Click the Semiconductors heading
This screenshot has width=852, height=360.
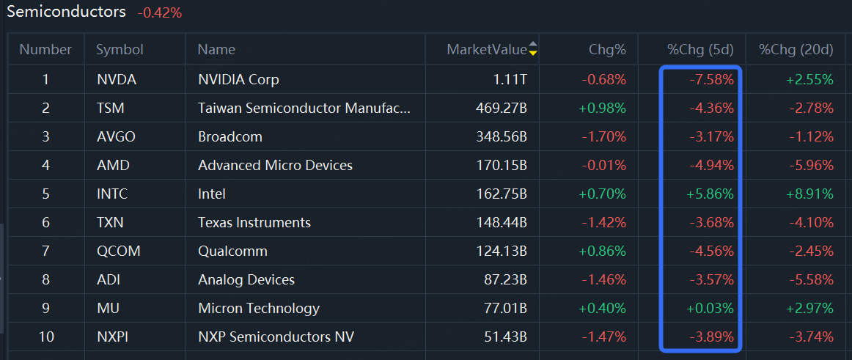[x=66, y=12]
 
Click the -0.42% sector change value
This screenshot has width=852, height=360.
[x=159, y=12]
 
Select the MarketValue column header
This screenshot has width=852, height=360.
[x=486, y=50]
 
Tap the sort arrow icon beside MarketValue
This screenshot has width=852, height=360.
[x=533, y=49]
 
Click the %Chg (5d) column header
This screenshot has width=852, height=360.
[x=699, y=50]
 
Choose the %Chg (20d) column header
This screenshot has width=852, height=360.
[x=796, y=50]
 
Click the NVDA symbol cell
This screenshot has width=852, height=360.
[x=117, y=79]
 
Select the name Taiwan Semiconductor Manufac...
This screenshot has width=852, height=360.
[x=304, y=108]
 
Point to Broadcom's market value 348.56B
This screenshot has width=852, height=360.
[x=501, y=136]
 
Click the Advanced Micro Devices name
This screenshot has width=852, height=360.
[x=275, y=165]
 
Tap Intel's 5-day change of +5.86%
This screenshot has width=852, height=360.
[x=710, y=194]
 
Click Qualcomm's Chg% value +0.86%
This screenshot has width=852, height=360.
[x=602, y=251]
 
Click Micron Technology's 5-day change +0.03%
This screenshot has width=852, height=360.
[x=710, y=308]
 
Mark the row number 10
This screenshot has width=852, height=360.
[x=45, y=337]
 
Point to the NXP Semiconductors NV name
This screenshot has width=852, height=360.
[x=276, y=337]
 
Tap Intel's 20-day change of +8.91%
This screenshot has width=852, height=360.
[x=809, y=194]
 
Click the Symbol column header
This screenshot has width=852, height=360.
[x=120, y=50]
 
